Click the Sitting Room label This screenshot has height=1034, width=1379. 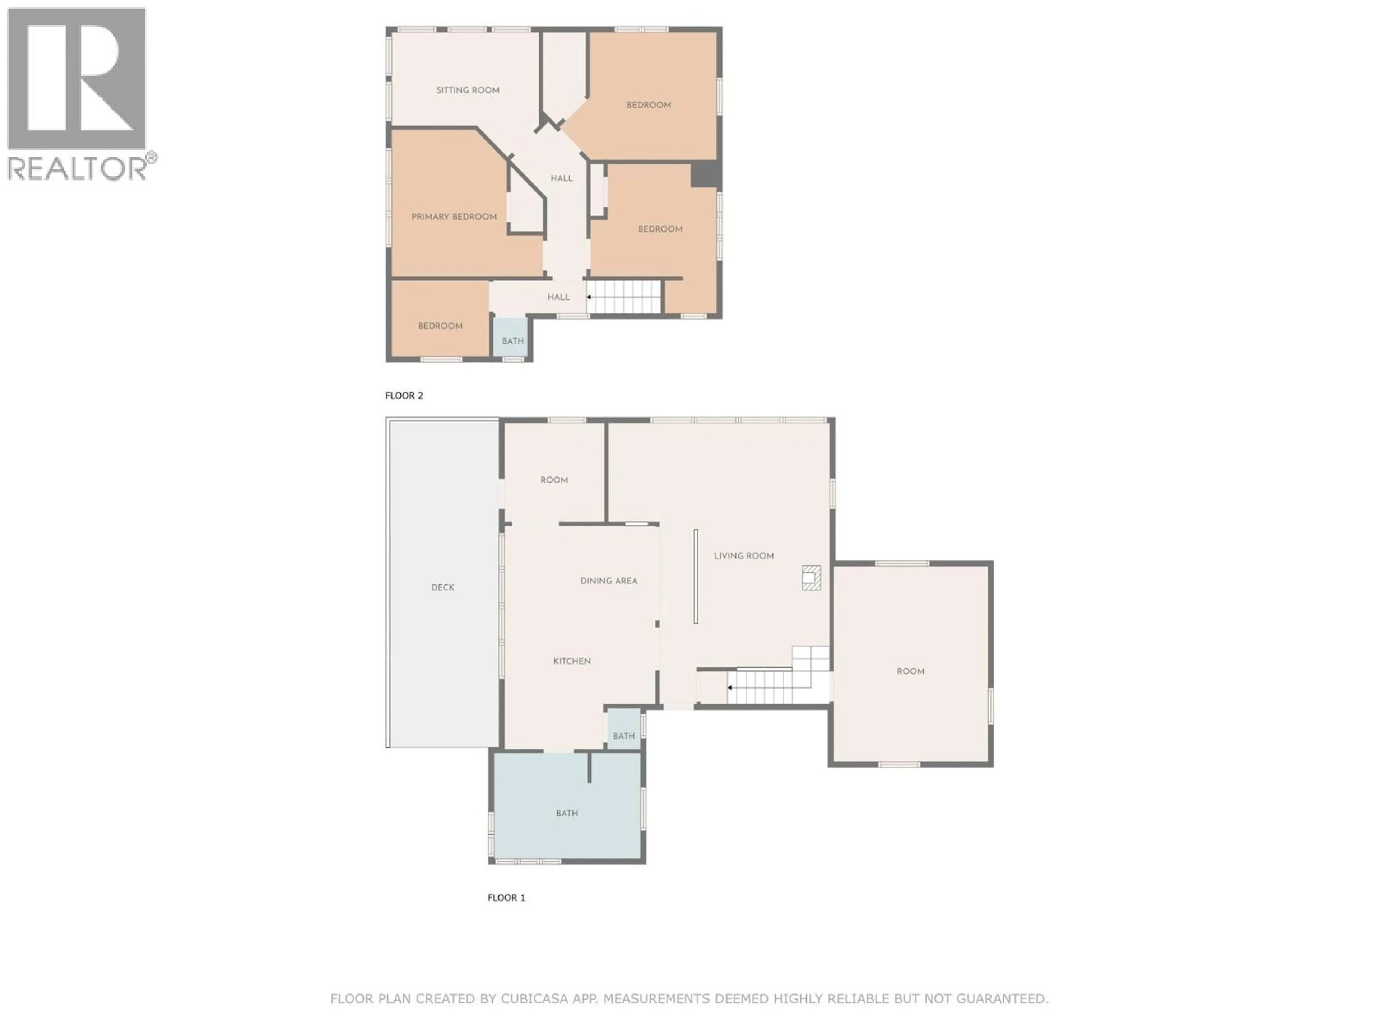point(468,90)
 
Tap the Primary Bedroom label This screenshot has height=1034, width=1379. point(454,217)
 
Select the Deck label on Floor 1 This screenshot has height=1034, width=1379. point(443,587)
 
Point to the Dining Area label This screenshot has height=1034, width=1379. point(608,581)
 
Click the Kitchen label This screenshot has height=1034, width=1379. point(572,661)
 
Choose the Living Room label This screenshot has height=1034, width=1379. point(744,556)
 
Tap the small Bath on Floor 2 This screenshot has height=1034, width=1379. point(512,341)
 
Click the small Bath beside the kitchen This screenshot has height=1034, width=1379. point(623,736)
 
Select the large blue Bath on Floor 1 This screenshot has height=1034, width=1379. point(567,813)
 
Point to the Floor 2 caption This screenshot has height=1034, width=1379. point(404,396)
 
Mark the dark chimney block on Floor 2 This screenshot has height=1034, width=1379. point(705,174)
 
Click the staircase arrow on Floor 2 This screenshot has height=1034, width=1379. point(589,297)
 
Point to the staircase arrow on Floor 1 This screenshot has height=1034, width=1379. point(729,688)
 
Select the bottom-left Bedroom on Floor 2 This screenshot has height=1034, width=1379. point(440,326)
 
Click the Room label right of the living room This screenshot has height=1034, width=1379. point(910,671)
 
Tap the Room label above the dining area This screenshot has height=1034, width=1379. point(554,480)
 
